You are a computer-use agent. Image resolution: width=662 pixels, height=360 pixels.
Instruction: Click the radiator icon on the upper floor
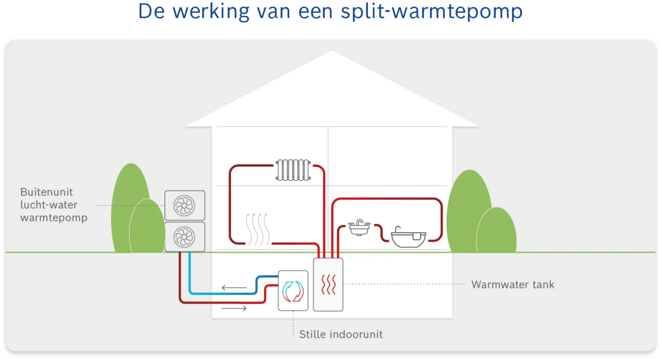293,170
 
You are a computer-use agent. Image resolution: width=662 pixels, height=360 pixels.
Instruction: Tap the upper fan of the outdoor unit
185,205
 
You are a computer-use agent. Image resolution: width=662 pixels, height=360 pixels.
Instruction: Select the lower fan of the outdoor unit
185,237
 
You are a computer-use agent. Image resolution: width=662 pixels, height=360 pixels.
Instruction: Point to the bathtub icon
408,237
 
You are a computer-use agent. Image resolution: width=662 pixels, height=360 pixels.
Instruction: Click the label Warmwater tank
512,284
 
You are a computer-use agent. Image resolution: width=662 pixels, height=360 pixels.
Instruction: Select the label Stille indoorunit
341,334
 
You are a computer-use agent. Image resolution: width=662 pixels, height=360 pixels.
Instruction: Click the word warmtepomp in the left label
54,218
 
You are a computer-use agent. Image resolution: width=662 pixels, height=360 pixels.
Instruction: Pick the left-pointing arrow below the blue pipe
234,288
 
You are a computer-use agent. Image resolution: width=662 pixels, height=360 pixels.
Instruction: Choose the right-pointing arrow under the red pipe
234,308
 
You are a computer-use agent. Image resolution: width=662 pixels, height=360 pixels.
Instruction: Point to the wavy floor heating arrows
258,230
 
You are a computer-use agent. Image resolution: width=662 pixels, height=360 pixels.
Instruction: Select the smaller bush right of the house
497,231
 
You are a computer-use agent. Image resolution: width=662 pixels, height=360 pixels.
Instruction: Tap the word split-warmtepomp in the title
431,12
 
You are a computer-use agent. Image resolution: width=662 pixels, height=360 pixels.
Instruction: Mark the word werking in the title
207,12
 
